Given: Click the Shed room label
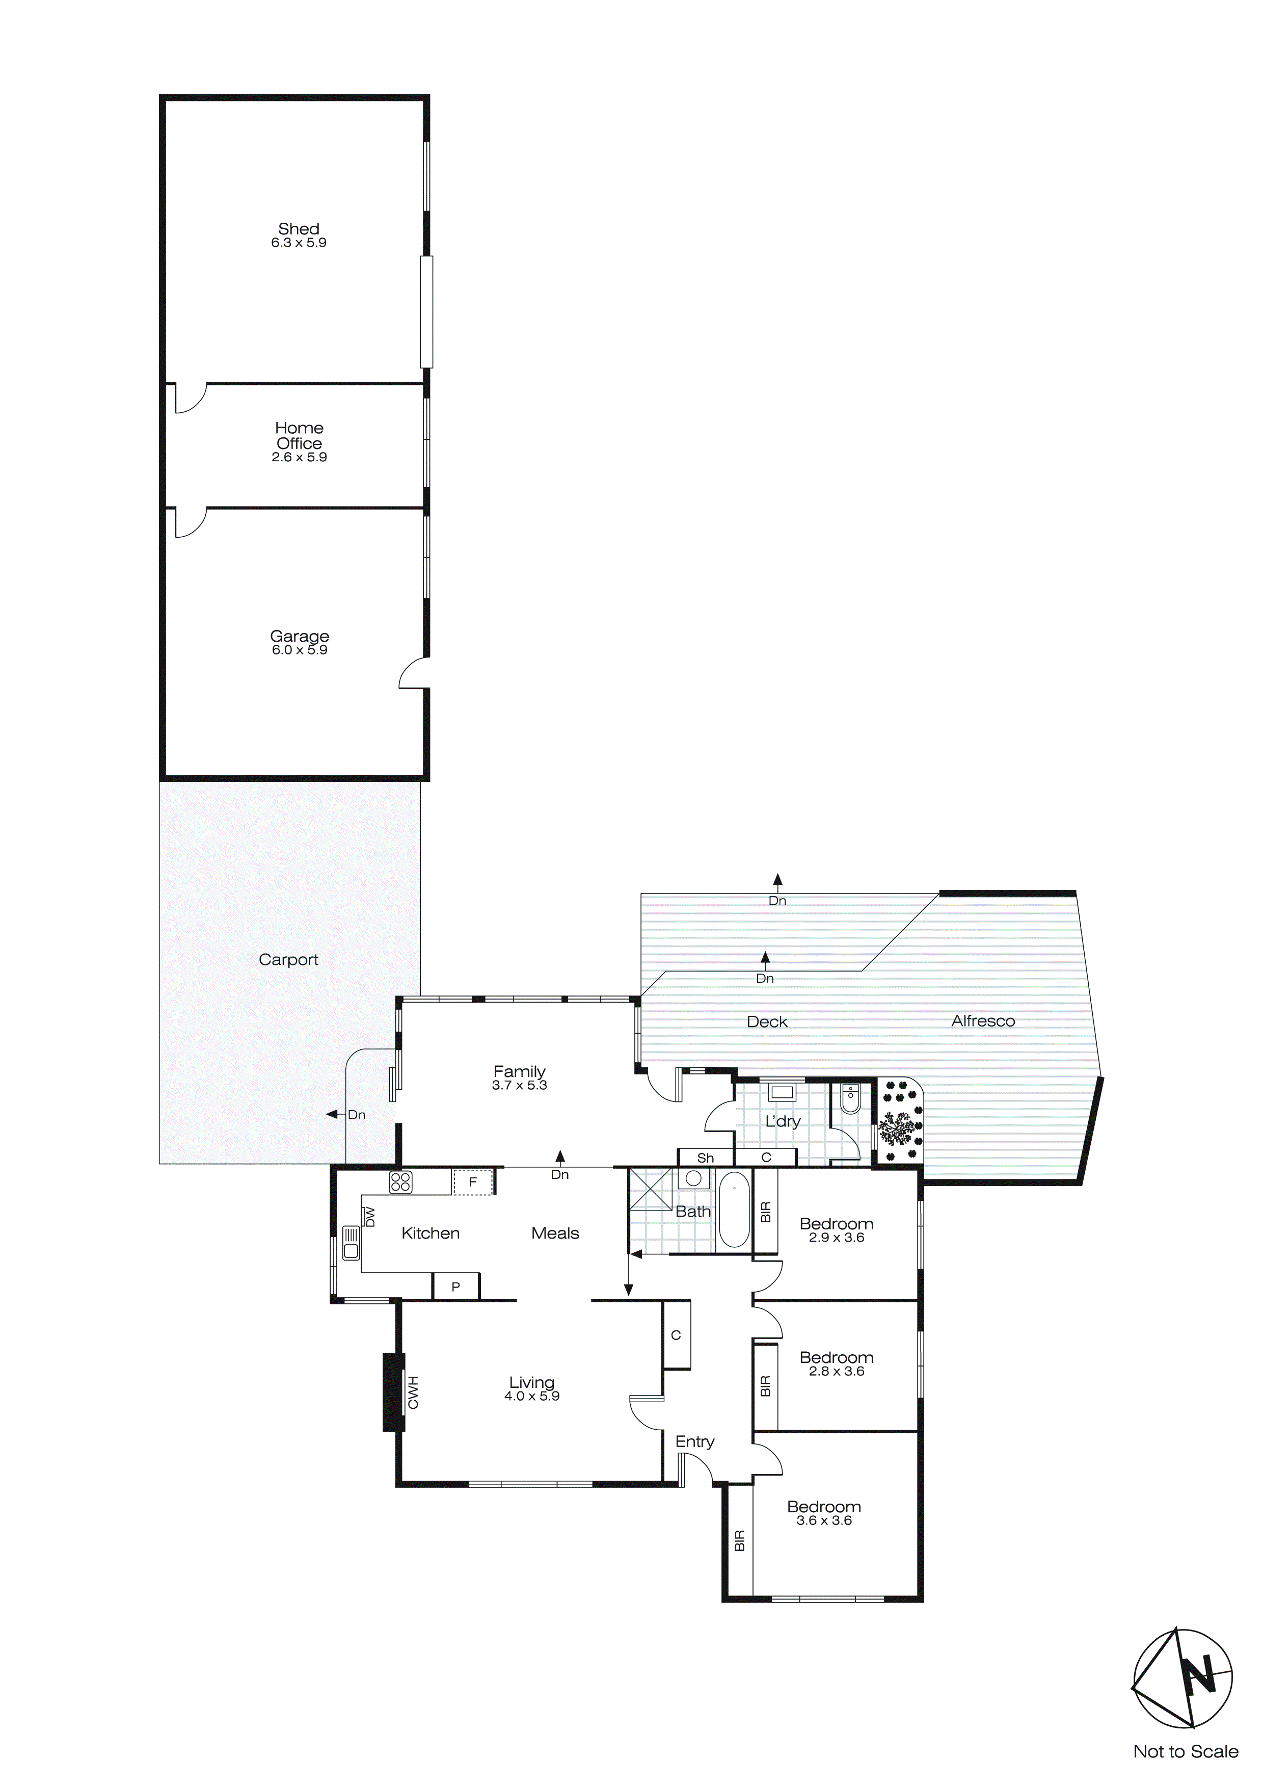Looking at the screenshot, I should [x=299, y=229].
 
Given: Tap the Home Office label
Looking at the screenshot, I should [x=299, y=436].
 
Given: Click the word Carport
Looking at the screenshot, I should [x=288, y=959].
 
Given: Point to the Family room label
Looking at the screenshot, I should [x=520, y=1071].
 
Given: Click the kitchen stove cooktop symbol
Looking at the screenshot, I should [x=400, y=1183].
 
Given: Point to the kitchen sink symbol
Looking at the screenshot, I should [x=351, y=1242].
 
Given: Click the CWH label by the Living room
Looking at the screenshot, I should [x=413, y=1393].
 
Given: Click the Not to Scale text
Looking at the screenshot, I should [x=1185, y=1751].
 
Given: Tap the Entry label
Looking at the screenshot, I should [x=694, y=1441].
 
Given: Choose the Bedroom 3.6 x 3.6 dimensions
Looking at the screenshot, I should [x=824, y=1520].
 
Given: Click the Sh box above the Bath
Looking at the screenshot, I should [x=706, y=1158].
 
